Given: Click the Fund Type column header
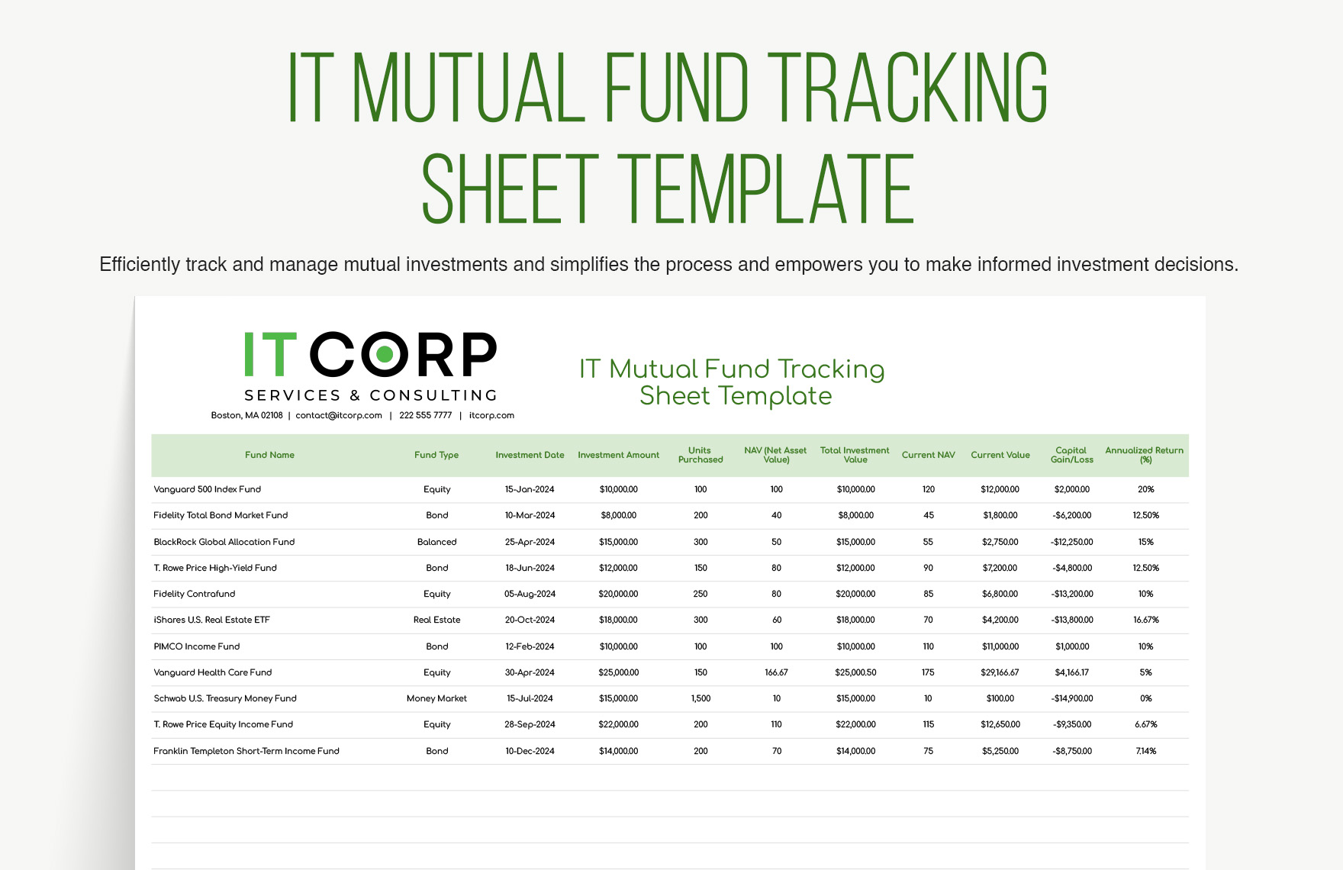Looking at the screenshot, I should tap(436, 455).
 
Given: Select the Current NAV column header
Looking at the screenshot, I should tap(928, 455).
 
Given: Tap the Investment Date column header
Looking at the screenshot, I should tap(530, 455).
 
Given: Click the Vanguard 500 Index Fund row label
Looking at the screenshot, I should tap(208, 489).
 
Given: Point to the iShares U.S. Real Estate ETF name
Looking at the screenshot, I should tap(212, 620).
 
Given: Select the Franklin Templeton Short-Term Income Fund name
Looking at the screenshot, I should tap(246, 751).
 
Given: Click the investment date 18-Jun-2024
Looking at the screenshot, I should tap(530, 568).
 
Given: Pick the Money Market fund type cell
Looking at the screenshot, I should tap(436, 698).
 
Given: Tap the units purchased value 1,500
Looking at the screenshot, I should tap(700, 698).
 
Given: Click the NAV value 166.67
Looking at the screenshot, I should tap(776, 672).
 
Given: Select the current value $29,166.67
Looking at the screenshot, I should tap(1000, 672).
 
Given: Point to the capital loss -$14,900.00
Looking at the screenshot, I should tap(1072, 698).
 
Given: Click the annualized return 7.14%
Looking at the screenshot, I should tap(1145, 751).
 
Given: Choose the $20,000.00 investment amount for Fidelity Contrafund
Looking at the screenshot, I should tap(618, 594).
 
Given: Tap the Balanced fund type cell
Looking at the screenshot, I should tap(436, 542).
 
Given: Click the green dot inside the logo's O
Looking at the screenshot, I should tap(385, 354).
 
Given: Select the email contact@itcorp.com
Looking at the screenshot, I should tap(339, 415).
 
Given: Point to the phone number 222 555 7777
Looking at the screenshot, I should tap(425, 415).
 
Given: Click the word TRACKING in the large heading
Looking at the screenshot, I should tap(907, 88).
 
